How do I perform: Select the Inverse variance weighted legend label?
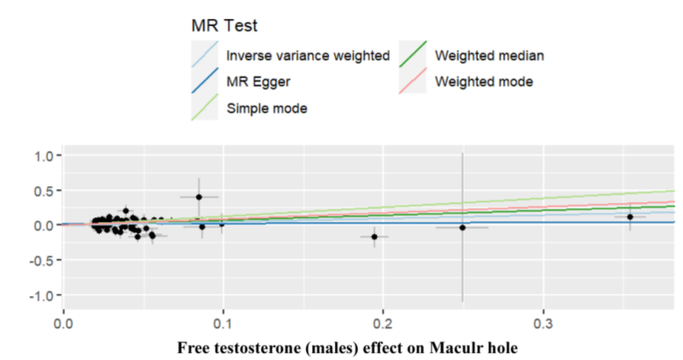[x=307, y=56]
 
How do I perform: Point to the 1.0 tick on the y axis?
[x=43, y=157]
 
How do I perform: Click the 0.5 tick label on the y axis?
[x=43, y=191]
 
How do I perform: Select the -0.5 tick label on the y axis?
[x=40, y=261]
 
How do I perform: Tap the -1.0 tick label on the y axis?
[x=40, y=296]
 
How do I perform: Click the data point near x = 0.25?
[x=463, y=227]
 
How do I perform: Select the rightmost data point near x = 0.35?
[x=630, y=216]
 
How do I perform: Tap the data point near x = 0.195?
[x=375, y=236]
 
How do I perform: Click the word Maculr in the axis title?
[x=464, y=348]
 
